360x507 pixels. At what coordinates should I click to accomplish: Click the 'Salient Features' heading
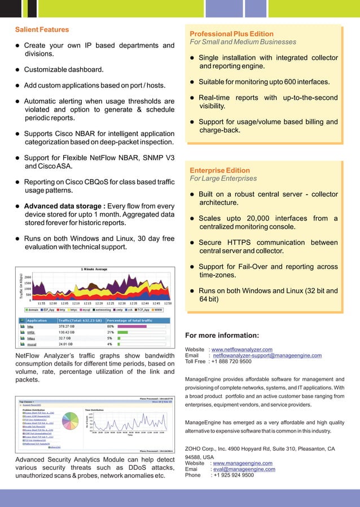tap(42, 29)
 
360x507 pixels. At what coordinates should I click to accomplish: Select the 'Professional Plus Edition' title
tap(231, 34)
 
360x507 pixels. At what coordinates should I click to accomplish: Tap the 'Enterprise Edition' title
tap(219, 170)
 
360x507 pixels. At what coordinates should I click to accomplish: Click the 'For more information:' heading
tap(222, 336)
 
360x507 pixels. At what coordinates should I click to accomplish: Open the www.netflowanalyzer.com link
tap(242, 350)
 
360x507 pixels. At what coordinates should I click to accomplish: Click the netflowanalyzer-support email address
tap(267, 356)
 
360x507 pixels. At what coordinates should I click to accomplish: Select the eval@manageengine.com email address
tap(243, 469)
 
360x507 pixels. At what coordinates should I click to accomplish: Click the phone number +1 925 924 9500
tap(232, 475)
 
